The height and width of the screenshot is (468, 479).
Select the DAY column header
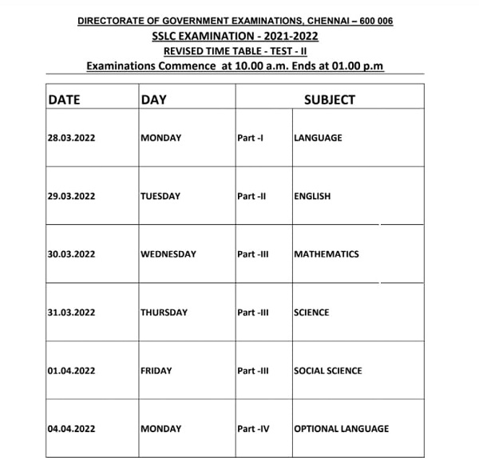click(152, 100)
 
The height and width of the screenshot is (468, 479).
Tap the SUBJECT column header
click(329, 100)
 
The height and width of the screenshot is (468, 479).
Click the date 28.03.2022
click(71, 138)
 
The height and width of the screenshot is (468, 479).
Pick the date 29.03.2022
click(71, 196)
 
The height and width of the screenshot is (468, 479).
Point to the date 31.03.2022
click(71, 313)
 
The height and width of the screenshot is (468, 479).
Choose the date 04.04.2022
click(71, 429)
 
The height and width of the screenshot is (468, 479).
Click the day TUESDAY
click(160, 196)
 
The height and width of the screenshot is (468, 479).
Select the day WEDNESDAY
click(168, 254)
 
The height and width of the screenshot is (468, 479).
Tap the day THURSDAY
click(164, 313)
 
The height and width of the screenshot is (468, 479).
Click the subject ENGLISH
click(312, 196)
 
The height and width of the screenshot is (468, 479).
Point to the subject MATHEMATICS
click(327, 254)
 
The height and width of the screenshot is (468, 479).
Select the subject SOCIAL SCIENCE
click(328, 371)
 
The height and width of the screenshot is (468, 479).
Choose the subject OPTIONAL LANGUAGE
click(342, 429)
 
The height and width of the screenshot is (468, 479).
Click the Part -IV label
click(253, 429)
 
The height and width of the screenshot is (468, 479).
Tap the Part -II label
click(251, 196)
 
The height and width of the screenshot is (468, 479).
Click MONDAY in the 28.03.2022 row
click(160, 138)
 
